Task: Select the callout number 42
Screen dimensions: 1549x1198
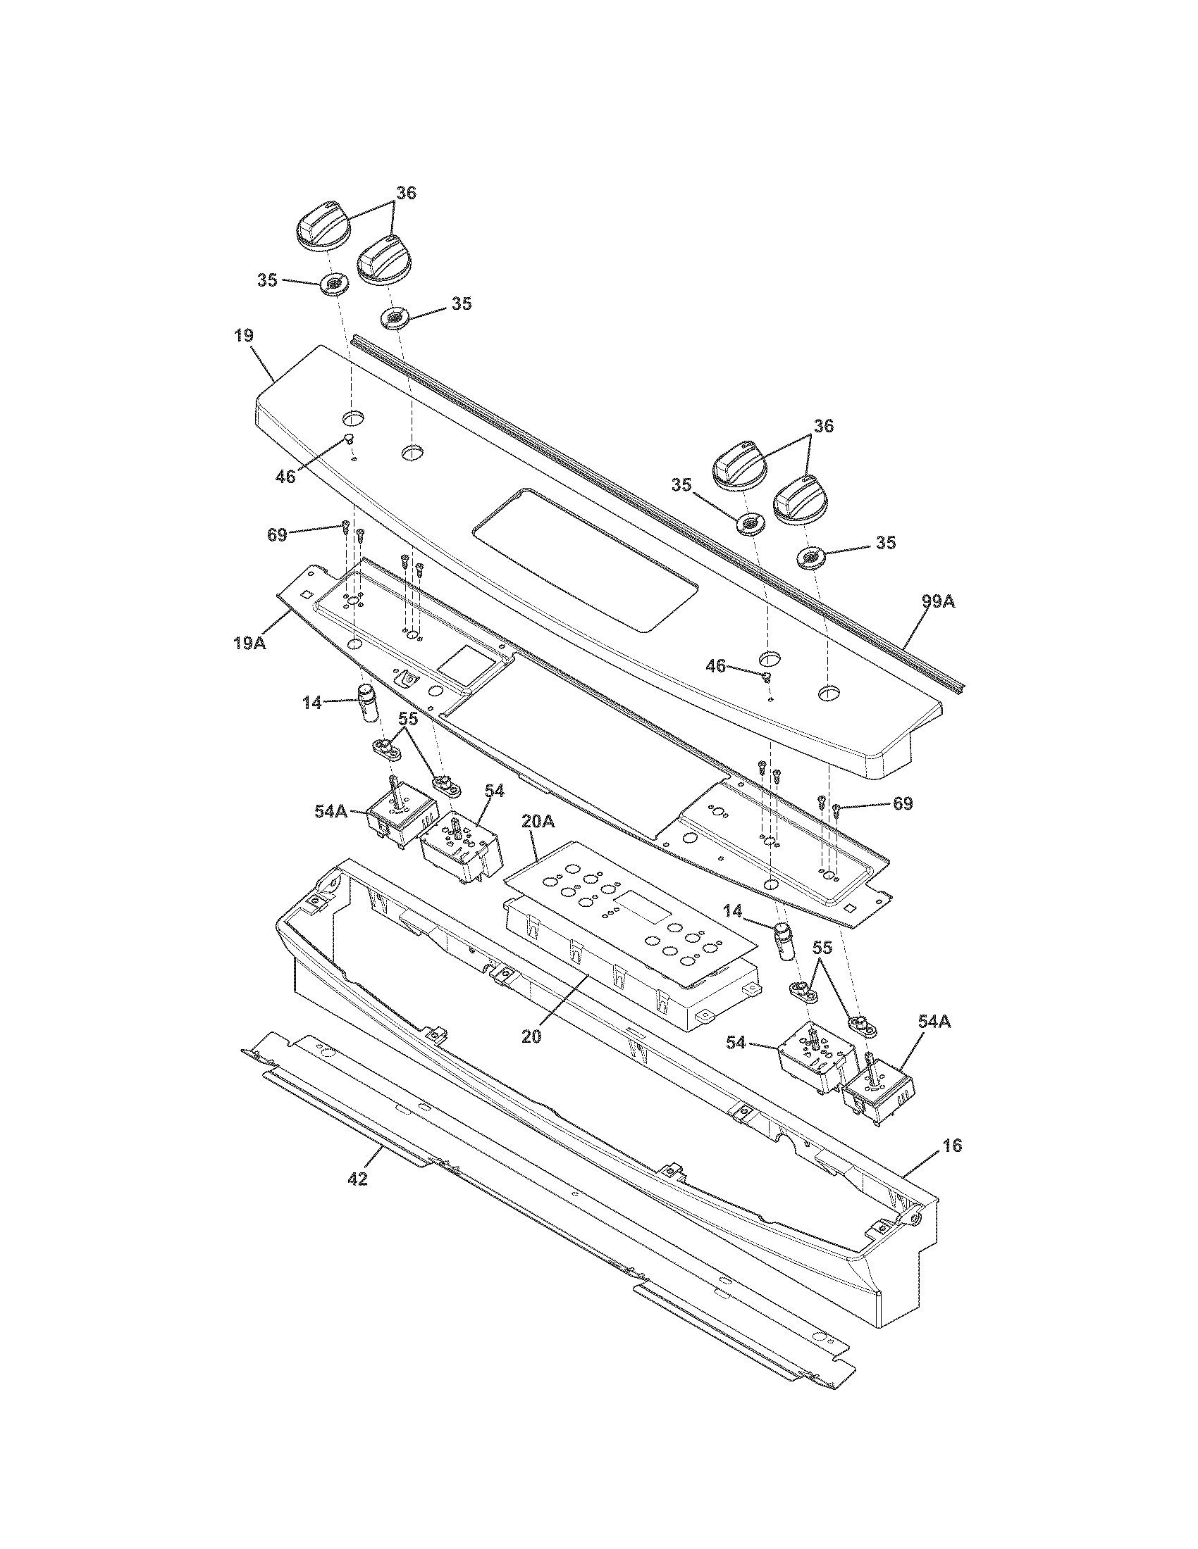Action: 358,1179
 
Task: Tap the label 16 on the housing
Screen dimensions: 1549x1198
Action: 953,1146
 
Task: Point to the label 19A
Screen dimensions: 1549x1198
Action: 250,644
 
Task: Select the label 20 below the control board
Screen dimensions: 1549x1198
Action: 531,1036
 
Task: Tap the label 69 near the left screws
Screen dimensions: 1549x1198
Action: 277,535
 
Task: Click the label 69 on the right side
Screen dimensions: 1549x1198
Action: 902,803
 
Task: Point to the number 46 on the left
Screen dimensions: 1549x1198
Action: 285,477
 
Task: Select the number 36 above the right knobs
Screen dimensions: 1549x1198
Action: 823,426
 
